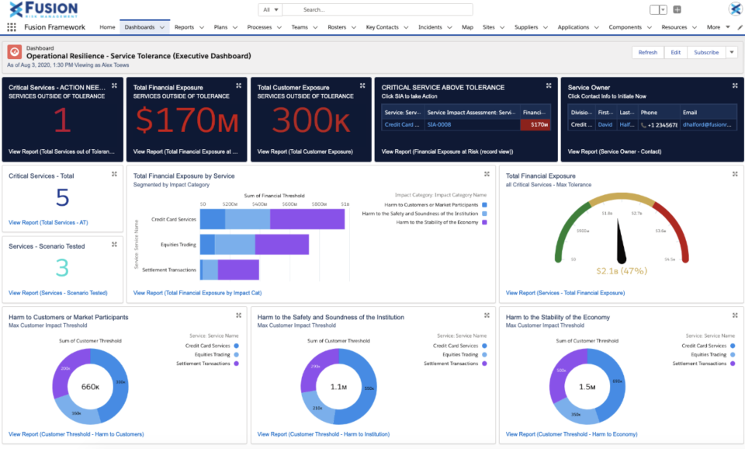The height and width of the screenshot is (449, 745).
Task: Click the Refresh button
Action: [647, 53]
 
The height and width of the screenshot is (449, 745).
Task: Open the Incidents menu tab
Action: [430, 27]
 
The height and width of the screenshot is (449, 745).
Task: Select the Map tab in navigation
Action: [467, 27]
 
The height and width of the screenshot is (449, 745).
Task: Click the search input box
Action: [376, 10]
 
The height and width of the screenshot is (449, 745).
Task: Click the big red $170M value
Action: [185, 120]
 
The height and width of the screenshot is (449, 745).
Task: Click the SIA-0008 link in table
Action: [439, 124]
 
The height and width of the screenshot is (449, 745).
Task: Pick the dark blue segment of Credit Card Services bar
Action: [212, 220]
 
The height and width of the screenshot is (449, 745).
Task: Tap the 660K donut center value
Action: [90, 386]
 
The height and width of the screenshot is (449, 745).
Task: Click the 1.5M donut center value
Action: [587, 386]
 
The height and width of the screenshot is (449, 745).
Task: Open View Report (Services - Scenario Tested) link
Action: [58, 293]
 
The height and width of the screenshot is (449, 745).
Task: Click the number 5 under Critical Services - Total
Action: [62, 197]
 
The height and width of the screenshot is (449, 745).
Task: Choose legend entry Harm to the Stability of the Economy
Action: [438, 222]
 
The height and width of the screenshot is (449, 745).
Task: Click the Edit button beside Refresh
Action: [675, 53]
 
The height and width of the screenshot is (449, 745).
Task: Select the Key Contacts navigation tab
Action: [382, 27]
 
